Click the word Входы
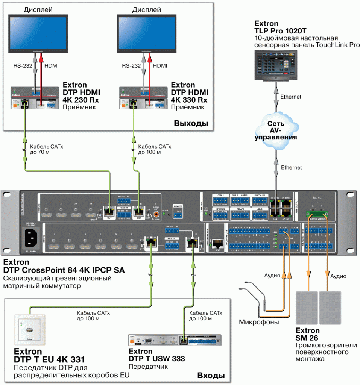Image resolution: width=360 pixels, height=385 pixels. (211, 376)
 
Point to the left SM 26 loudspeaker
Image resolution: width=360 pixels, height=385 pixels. (307, 308)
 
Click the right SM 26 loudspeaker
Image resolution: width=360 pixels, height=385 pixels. (330, 308)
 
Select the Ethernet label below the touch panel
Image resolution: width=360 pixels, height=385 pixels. (291, 97)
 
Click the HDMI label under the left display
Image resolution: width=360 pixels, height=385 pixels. (52, 65)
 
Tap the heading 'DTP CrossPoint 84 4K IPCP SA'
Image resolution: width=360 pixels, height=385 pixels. (64, 270)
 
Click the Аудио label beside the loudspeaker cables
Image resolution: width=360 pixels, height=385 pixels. (338, 276)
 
